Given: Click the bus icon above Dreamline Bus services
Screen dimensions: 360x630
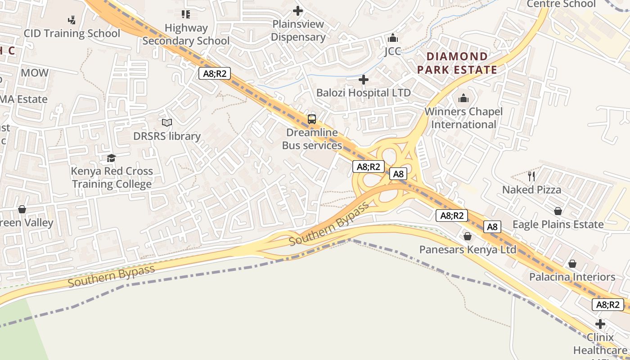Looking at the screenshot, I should pos(311,119).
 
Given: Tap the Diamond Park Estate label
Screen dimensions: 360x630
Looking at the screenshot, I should pos(457,63).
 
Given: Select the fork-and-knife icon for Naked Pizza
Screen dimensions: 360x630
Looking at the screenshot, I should pos(531,176).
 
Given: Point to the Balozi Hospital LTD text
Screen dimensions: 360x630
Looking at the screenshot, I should pos(363,93).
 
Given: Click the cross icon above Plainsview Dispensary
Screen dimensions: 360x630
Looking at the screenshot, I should pos(298,10).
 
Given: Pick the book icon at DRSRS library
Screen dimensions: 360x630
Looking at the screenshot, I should pos(167,122).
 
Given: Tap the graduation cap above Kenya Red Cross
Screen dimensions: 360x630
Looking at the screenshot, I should pos(111,158).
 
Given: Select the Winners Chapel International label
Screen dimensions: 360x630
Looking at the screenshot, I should pos(463,118).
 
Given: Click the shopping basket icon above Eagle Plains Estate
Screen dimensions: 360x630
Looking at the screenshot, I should pos(558,211).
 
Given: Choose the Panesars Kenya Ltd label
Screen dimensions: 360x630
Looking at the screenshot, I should pos(468,249).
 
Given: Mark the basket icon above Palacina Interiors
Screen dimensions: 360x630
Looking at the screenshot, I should pos(572,263).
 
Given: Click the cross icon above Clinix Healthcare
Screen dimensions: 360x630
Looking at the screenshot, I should pos(600,324).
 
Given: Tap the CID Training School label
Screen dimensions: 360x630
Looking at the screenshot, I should pos(72,33).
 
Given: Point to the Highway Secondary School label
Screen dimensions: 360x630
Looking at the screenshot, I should pos(186,34).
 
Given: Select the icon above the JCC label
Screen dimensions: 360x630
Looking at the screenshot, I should pos(393,38).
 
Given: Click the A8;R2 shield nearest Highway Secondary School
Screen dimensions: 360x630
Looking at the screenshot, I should pos(215,73).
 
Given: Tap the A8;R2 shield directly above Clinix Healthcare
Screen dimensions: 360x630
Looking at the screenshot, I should pos(608,305).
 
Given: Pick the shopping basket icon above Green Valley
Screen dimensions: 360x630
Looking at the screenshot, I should pos(22,209).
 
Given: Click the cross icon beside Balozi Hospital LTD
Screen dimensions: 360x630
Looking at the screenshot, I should pos(363,80).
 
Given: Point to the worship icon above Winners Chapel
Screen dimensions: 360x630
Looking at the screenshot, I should pos(463,98).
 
